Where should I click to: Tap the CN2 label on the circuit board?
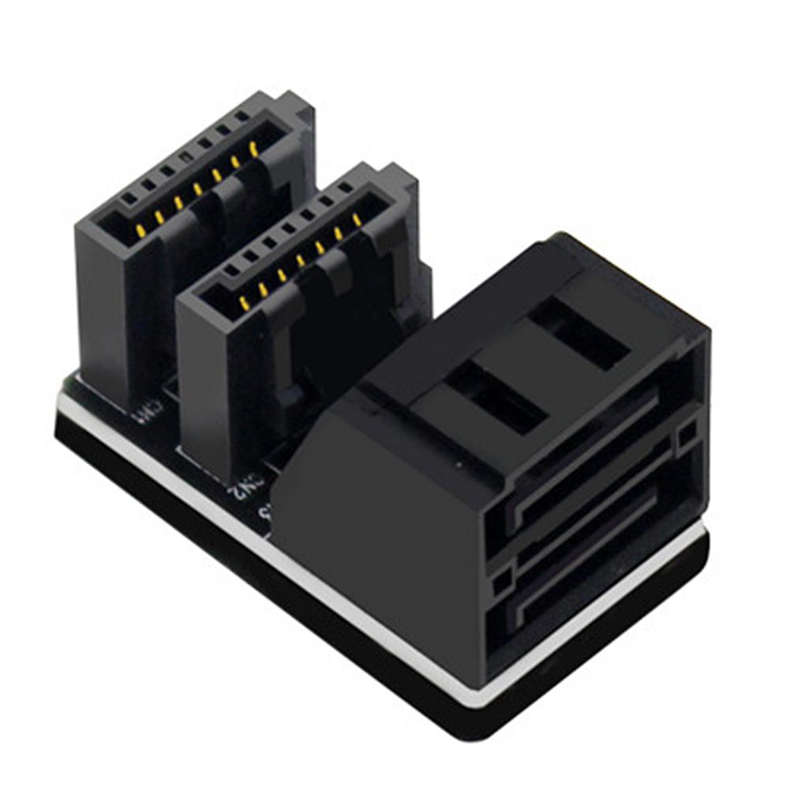(x=239, y=490)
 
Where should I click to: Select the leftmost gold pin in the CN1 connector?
(x=140, y=230)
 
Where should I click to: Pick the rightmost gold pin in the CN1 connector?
(x=253, y=147)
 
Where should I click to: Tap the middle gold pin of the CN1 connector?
(x=197, y=189)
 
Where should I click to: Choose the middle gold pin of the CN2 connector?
(x=301, y=260)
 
